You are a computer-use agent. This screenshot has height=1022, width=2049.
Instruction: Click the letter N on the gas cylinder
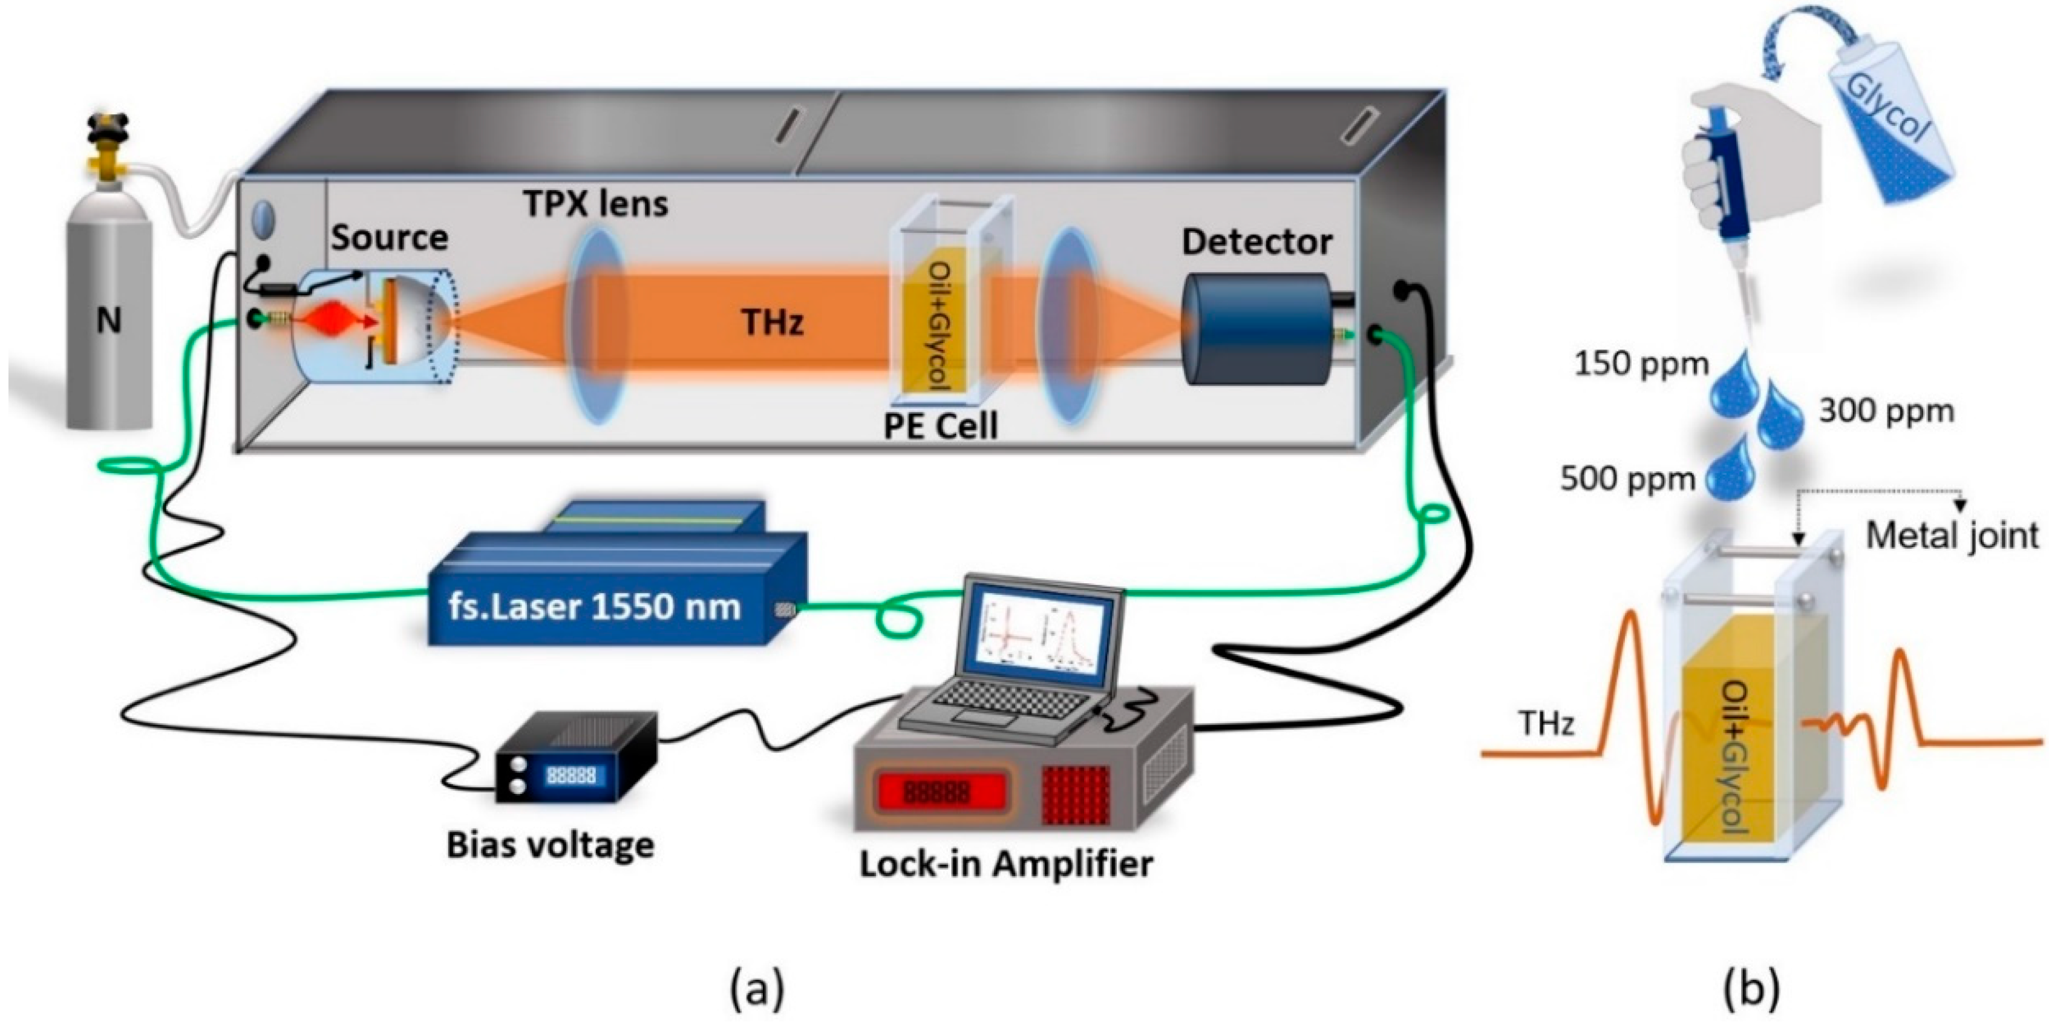click(108, 321)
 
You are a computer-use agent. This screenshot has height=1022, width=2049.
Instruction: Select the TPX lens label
click(595, 205)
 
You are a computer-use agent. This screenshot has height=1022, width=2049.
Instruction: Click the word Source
click(389, 238)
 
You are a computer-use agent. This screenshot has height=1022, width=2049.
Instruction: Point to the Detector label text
click(1256, 243)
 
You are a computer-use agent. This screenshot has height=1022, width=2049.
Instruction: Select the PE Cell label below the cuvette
click(940, 427)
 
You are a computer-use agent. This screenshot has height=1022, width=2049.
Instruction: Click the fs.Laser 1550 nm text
click(594, 608)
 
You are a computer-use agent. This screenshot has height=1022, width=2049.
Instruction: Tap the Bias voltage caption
click(550, 845)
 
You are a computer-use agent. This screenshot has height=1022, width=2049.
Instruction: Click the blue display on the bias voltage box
click(571, 775)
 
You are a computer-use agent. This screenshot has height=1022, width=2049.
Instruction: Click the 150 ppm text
click(1641, 364)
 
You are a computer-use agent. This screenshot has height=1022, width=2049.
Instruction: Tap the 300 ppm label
click(1886, 411)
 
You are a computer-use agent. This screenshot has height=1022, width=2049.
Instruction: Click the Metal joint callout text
click(1952, 536)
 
